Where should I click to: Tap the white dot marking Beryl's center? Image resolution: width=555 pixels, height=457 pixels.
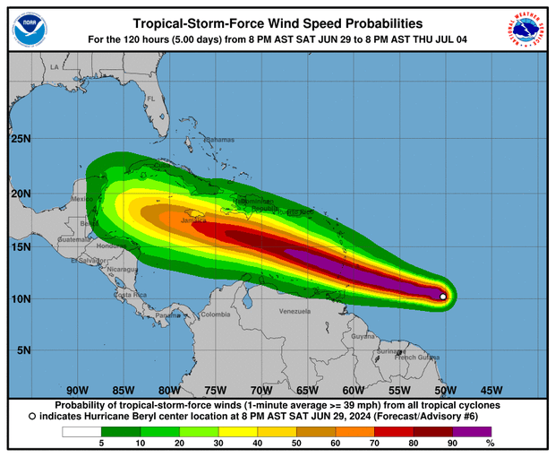[x=443, y=297]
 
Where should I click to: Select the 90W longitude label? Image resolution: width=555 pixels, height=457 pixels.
[x=77, y=390]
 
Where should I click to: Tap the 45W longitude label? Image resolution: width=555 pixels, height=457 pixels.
[x=491, y=390]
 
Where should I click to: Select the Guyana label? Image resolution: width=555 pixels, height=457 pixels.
[x=363, y=336]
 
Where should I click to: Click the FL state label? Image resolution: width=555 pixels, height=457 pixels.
[x=152, y=99]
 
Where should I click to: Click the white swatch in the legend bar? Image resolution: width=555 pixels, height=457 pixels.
[x=80, y=432]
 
